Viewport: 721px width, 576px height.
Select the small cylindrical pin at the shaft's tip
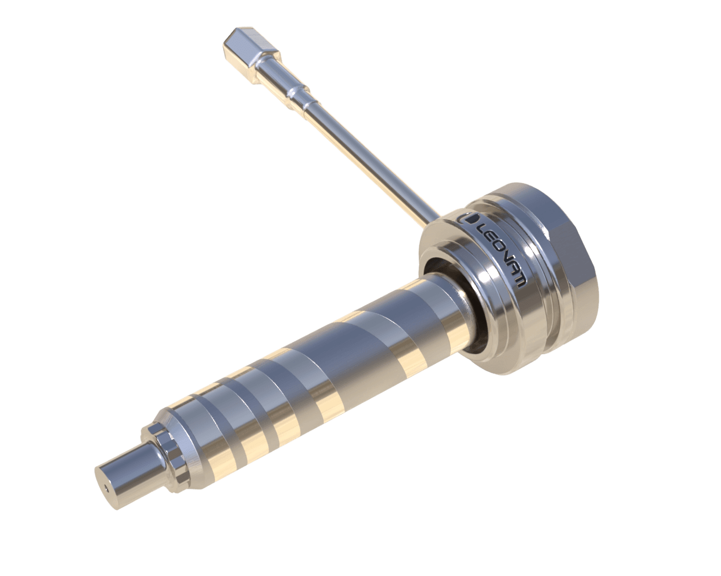click(127, 472)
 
